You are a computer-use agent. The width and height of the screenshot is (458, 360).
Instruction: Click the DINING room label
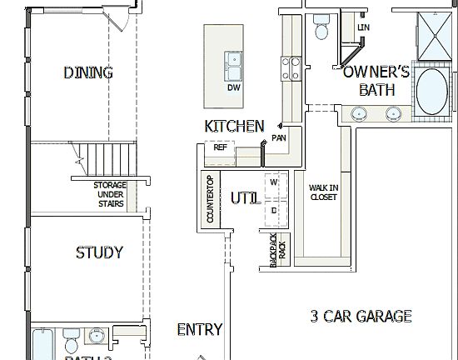coord(87,72)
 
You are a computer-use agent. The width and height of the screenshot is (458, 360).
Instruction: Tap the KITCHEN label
coord(234,126)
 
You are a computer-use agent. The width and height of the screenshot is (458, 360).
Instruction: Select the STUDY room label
coord(99,252)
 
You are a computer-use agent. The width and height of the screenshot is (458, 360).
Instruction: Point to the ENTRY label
coord(200,330)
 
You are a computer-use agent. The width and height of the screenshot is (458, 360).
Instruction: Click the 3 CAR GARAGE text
coord(361,316)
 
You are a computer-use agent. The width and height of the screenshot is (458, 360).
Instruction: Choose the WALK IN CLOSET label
coord(323,192)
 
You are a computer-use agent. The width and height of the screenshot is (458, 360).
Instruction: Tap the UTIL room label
coord(245,197)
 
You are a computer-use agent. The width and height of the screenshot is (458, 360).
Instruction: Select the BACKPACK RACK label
coord(277,249)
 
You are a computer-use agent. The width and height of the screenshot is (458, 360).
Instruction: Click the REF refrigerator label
coord(220,147)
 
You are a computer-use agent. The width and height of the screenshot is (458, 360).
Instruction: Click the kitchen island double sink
coord(232,60)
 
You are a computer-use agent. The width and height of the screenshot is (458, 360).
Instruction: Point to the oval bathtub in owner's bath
coord(431,91)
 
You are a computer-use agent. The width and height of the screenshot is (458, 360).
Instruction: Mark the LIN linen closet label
coord(363,27)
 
